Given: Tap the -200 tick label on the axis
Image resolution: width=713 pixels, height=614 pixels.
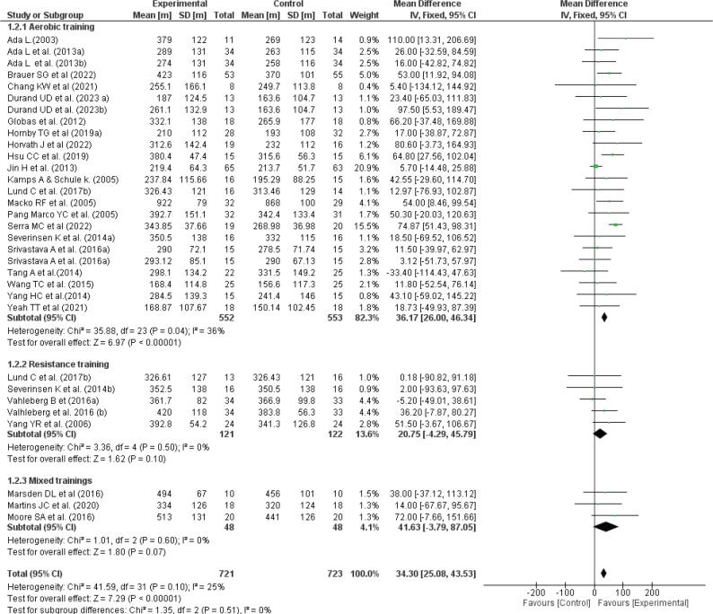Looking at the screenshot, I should click(533, 592).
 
